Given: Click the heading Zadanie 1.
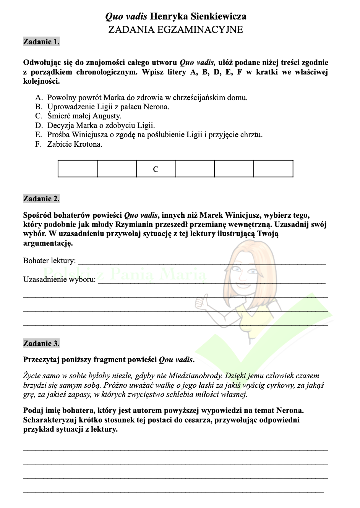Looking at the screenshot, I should point(41,42).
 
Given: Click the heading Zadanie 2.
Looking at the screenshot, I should point(41,199).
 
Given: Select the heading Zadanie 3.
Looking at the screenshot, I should point(41,343).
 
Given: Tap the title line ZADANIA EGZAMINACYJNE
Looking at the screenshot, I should point(175,30).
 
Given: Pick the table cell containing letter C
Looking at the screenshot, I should point(156,169).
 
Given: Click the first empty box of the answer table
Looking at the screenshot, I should point(78,169).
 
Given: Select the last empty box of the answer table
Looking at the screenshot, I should point(273,169).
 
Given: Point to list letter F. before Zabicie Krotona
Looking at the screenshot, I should point(38,144).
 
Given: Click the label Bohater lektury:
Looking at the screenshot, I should point(49,261).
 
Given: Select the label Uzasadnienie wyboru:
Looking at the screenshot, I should point(59,280).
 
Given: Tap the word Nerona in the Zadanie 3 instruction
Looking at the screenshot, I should point(291,411).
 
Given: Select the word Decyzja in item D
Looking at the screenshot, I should point(60,126).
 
